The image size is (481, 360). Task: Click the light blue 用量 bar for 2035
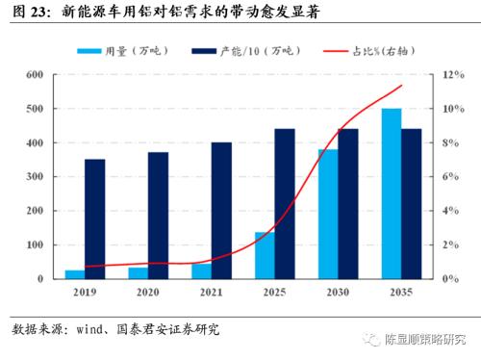point(392,193)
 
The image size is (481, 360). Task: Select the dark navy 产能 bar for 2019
point(94,219)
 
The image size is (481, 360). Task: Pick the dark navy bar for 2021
point(221,210)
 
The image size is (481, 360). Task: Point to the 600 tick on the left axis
point(35,74)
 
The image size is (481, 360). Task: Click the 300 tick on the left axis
point(35,176)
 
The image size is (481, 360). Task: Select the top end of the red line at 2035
point(401,86)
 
